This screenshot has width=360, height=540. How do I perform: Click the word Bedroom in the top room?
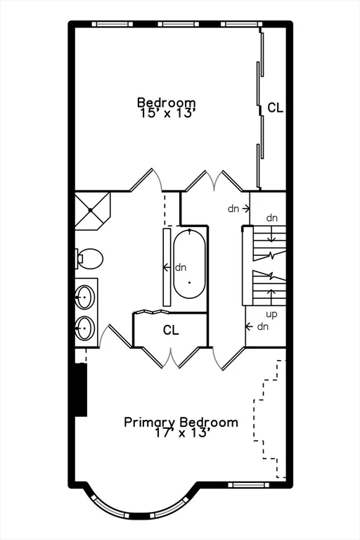pyautogui.click(x=166, y=103)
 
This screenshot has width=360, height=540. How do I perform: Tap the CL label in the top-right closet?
pyautogui.click(x=275, y=108)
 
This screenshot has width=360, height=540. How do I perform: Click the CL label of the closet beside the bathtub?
pyautogui.click(x=171, y=330)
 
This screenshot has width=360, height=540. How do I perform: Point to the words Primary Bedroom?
pyautogui.click(x=181, y=422)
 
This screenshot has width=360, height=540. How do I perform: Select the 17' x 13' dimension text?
pyautogui.click(x=181, y=433)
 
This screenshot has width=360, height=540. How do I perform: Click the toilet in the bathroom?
pyautogui.click(x=89, y=259)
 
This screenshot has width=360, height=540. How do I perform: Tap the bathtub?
pyautogui.click(x=190, y=266)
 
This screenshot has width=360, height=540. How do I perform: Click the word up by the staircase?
pyautogui.click(x=271, y=314)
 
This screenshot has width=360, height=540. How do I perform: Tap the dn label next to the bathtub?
pyautogui.click(x=181, y=267)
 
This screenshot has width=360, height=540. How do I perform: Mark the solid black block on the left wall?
pyautogui.click(x=81, y=390)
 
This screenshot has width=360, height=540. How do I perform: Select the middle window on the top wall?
pyautogui.click(x=179, y=24)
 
